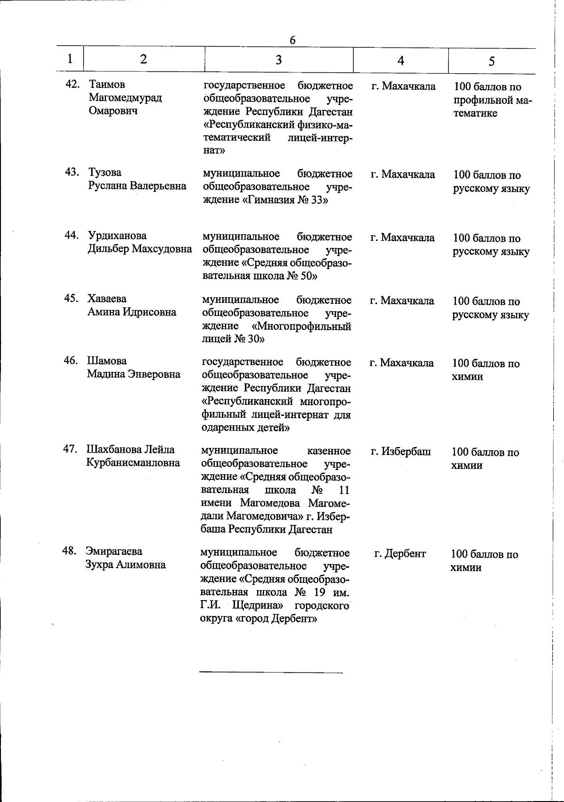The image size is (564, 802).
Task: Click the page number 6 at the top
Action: pyautogui.click(x=292, y=40)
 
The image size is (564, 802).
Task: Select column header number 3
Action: pyautogui.click(x=279, y=59)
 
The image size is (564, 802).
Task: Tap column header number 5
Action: pyautogui.click(x=492, y=61)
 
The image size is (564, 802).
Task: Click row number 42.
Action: pyautogui.click(x=73, y=85)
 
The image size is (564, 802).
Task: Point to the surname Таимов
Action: pyautogui.click(x=107, y=85)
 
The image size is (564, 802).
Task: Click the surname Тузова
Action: pyautogui.click(x=104, y=172)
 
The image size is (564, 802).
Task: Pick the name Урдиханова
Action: pyautogui.click(x=117, y=236)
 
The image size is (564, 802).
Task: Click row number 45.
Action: pyautogui.click(x=71, y=299)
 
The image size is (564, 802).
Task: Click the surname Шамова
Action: pyautogui.click(x=106, y=361)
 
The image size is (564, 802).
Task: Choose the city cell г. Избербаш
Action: pyautogui.click(x=400, y=452)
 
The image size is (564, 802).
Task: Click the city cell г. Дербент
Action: pyautogui.click(x=400, y=554)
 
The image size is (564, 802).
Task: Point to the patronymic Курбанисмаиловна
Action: pyautogui.click(x=133, y=463)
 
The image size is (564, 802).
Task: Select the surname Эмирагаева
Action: pyautogui.click(x=114, y=551)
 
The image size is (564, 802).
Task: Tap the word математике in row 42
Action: pyautogui.click(x=475, y=114)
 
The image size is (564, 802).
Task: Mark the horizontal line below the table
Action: pyautogui.click(x=271, y=672)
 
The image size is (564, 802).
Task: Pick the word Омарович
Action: pyautogui.click(x=113, y=111)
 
